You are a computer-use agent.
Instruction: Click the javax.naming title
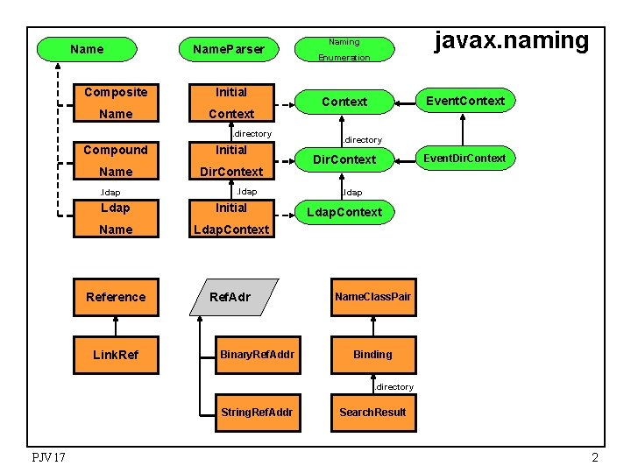coord(513,41)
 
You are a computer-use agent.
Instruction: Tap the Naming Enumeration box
coord(344,49)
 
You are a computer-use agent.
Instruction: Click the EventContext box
coord(464,101)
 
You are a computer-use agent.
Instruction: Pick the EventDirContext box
coord(464,159)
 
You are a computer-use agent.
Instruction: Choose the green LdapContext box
coord(344,212)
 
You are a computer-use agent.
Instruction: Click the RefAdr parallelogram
coord(230,297)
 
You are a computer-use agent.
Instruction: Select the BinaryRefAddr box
coord(257,354)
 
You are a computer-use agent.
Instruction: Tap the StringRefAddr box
coord(257,412)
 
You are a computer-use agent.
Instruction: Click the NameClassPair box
coord(372,297)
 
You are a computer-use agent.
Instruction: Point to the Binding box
coord(372,354)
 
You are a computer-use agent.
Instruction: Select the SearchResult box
coord(372,412)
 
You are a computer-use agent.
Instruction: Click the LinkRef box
coord(116,354)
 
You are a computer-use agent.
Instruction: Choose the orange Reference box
coord(116,297)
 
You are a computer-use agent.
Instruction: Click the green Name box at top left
coord(86,49)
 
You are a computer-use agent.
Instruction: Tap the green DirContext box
coord(344,159)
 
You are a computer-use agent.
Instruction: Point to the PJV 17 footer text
coord(48,457)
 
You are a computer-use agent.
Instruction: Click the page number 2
coord(595,457)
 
